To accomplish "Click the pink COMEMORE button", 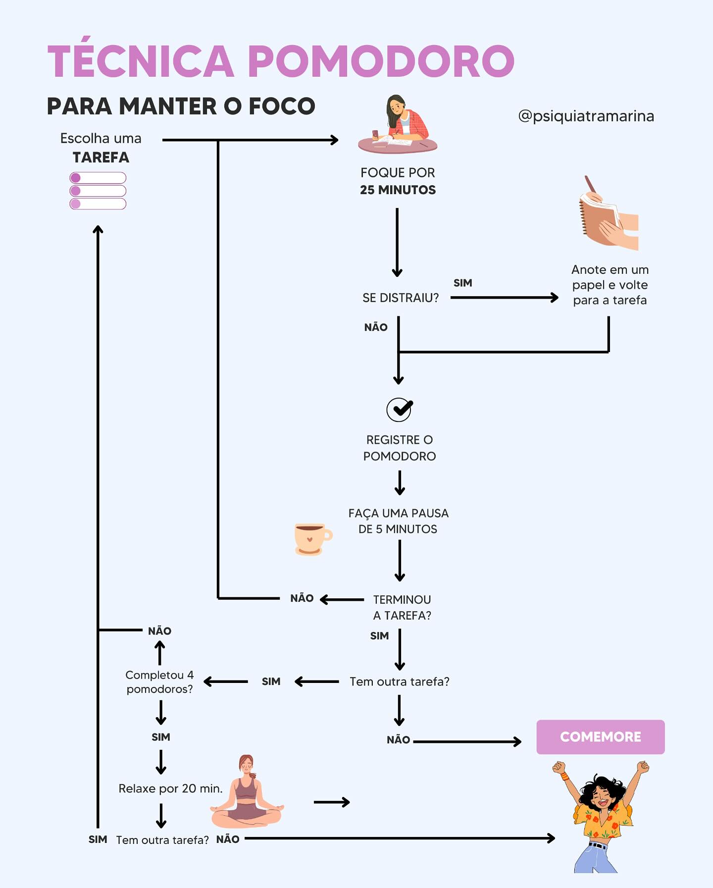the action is click(600, 737).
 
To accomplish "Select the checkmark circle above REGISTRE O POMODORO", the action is click(399, 410).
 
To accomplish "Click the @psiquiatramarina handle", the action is click(586, 116).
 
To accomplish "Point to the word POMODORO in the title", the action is click(381, 61).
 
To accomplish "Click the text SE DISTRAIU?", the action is click(401, 298).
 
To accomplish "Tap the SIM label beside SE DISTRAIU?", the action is click(463, 283).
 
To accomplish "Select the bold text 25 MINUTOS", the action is click(398, 190).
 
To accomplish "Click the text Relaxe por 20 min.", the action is click(170, 788).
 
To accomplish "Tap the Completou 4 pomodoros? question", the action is click(159, 682).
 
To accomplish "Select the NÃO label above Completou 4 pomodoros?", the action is click(159, 631).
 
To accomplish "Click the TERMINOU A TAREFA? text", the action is click(402, 607).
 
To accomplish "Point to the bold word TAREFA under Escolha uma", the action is click(101, 157).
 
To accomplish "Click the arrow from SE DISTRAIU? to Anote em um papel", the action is click(505, 298).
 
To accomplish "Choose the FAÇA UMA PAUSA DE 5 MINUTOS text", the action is click(399, 521).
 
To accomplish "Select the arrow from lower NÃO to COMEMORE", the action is click(467, 741).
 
